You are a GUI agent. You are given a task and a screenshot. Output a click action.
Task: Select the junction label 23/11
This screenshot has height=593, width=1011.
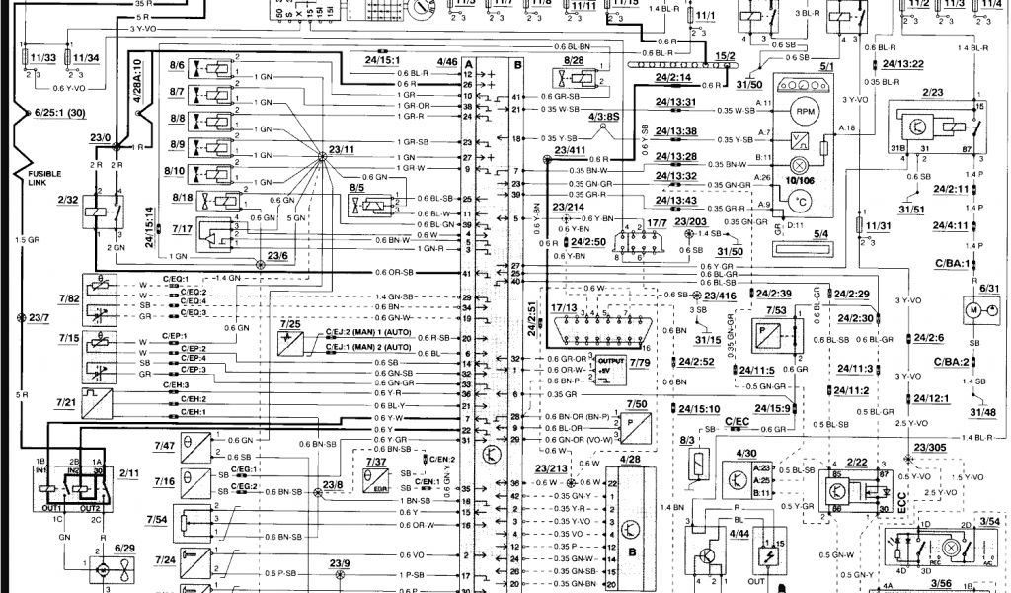pos(343,149)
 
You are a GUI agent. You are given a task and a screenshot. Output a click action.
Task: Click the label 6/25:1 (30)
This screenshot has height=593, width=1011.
pos(55,114)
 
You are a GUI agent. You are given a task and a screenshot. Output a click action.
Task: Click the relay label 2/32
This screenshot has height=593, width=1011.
pos(68,199)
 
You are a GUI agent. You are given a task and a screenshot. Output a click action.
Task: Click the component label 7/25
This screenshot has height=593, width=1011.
pos(290,323)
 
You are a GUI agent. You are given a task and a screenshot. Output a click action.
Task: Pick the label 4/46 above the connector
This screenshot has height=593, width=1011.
pos(447,62)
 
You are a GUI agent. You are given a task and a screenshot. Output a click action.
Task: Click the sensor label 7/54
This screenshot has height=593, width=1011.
pos(156,519)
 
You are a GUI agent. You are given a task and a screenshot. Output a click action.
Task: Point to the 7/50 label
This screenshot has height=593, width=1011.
pos(637,405)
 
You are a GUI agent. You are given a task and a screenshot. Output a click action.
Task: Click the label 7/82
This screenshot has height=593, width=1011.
pos(68,297)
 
